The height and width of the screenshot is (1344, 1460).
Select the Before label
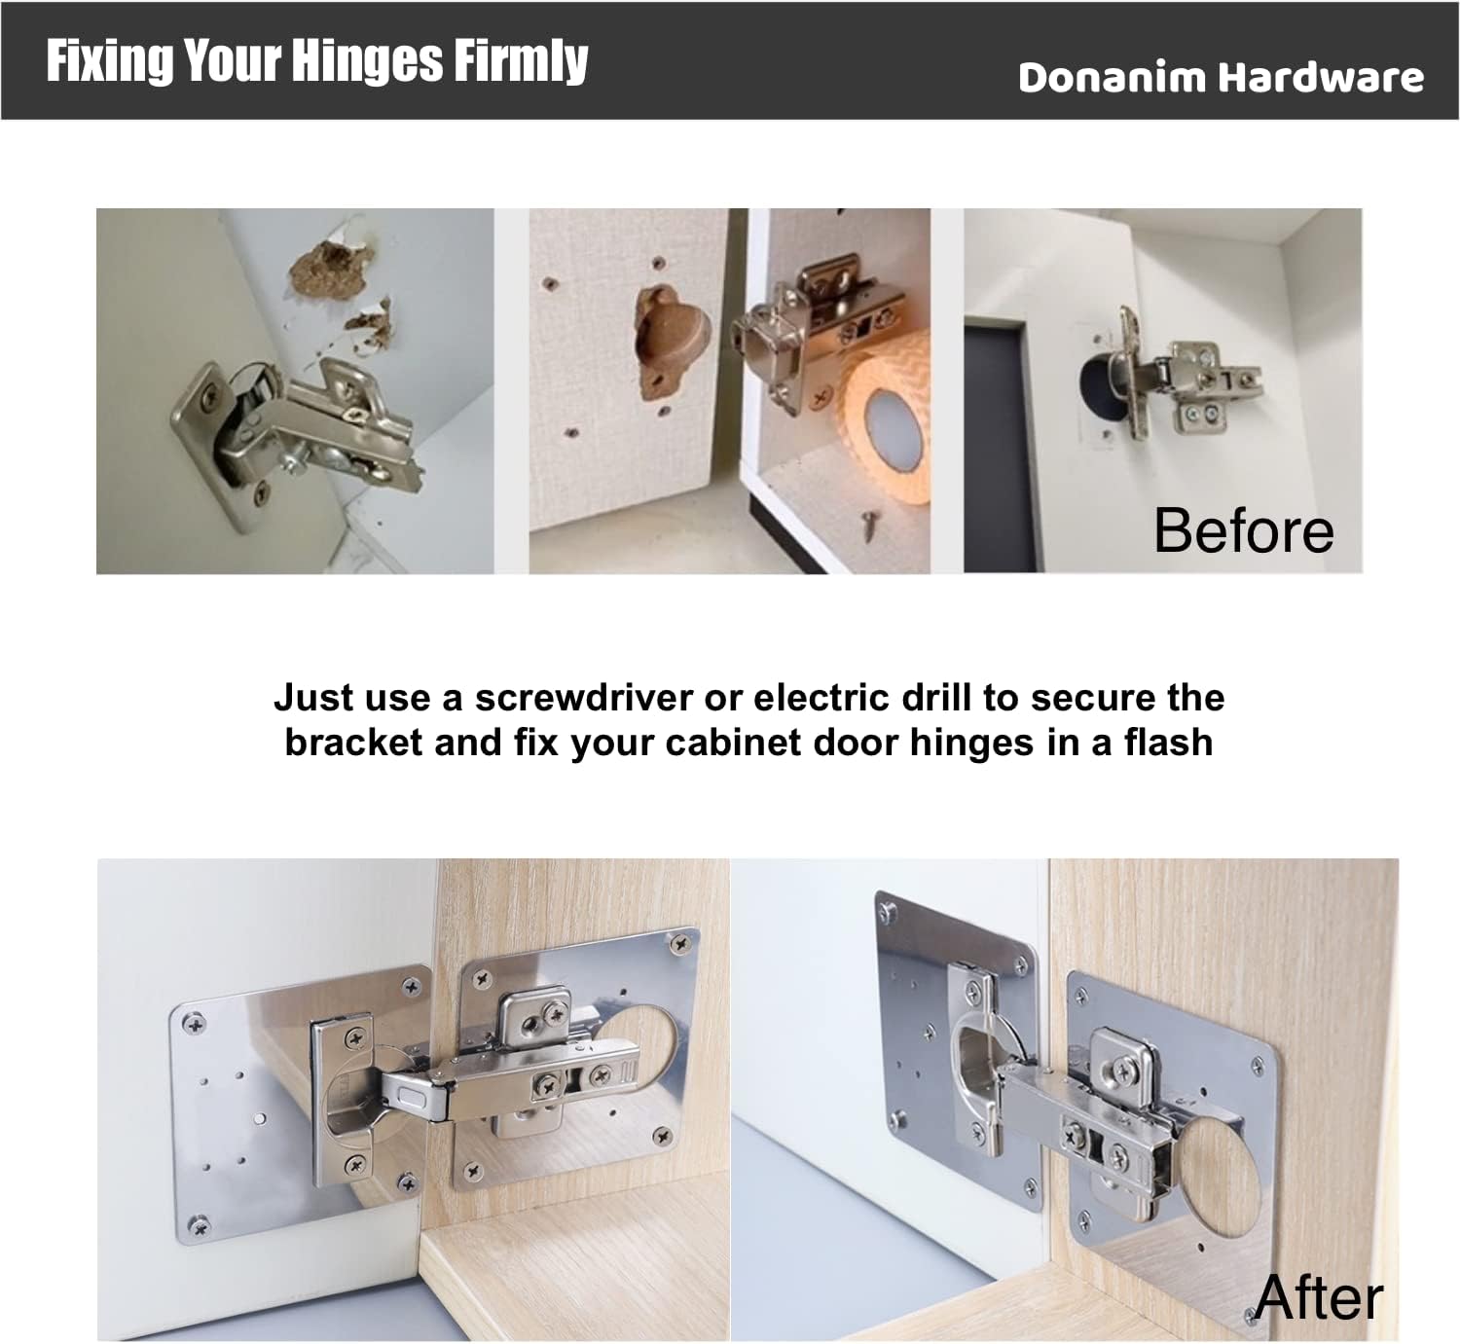tap(1243, 530)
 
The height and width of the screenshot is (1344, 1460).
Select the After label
tap(1319, 1297)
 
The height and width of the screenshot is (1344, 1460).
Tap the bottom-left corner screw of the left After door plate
tap(201, 1227)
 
